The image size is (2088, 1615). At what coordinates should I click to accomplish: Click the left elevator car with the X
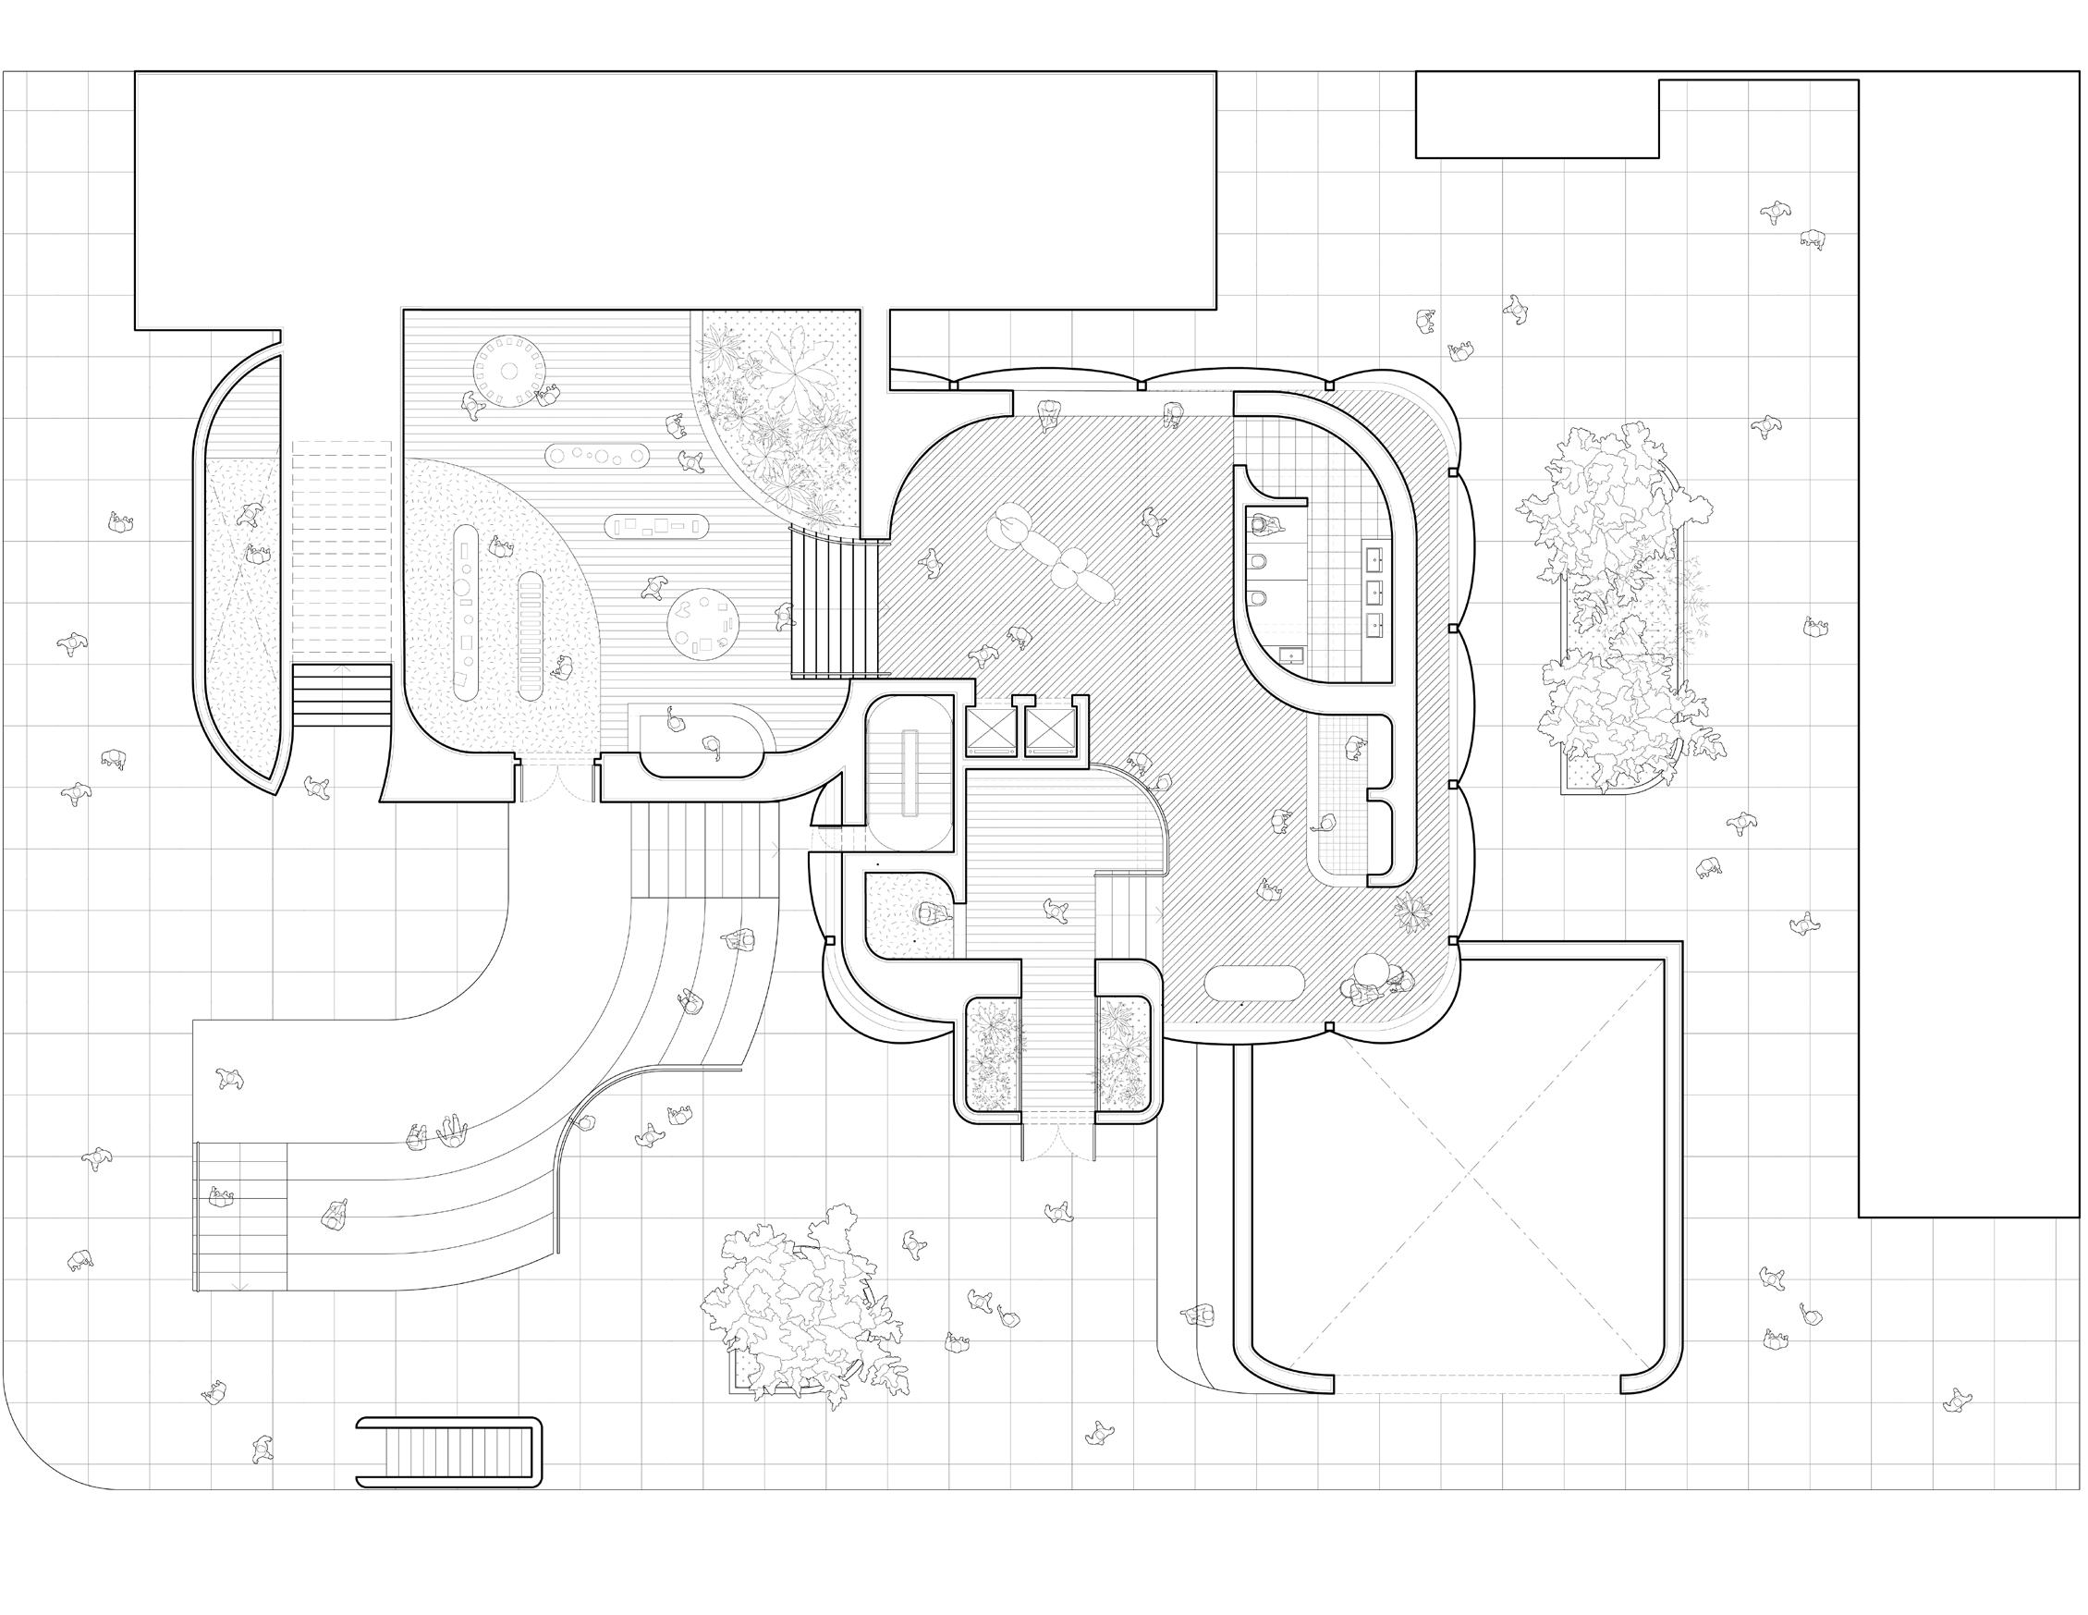992,730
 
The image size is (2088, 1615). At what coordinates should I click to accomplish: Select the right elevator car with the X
1050,730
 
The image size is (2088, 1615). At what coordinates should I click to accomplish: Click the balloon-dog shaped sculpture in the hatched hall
1052,555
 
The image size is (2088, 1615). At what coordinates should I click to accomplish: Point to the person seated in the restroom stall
1264,524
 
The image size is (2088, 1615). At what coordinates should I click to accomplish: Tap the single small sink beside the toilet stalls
1292,656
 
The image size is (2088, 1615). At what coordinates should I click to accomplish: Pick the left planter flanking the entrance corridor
993,1055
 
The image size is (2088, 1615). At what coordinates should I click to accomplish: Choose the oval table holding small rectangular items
656,524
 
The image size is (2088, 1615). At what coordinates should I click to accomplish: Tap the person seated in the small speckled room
930,913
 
